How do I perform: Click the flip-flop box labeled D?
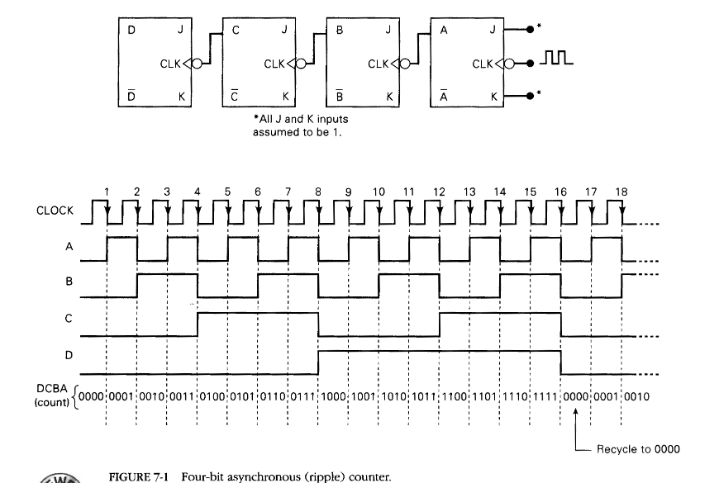(155, 63)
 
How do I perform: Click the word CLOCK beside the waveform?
(55, 211)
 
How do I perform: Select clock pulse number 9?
(348, 192)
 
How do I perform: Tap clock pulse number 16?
(560, 192)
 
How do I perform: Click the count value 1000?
(334, 396)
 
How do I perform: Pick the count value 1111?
(545, 396)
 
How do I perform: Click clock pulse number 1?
(107, 192)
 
